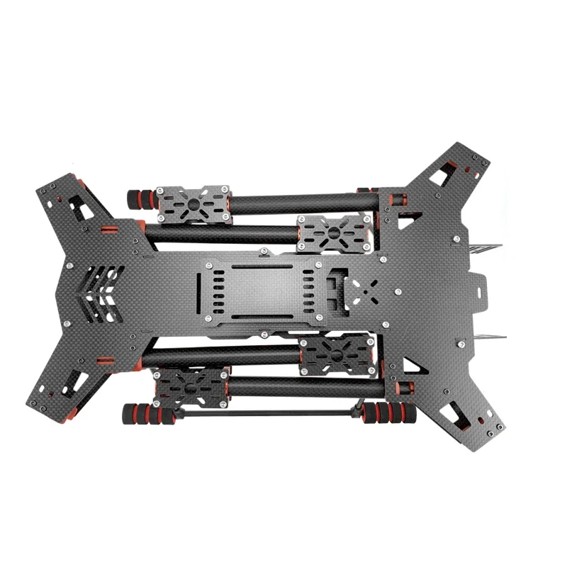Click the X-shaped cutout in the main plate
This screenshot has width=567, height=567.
point(369,291)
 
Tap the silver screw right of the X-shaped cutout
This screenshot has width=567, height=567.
point(400,291)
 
